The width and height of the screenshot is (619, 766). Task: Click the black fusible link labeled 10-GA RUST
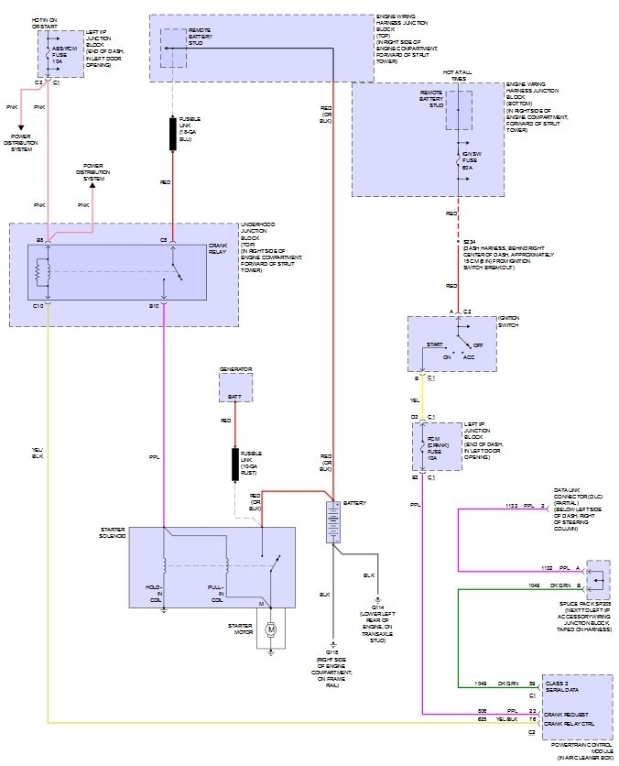pyautogui.click(x=235, y=464)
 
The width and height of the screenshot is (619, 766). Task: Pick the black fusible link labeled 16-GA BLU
pyautogui.click(x=172, y=134)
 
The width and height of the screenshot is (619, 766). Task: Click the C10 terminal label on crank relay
pyautogui.click(x=39, y=305)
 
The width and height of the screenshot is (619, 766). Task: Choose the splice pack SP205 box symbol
pyautogui.click(x=597, y=575)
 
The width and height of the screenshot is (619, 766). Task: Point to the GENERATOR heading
pyautogui.click(x=235, y=369)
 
